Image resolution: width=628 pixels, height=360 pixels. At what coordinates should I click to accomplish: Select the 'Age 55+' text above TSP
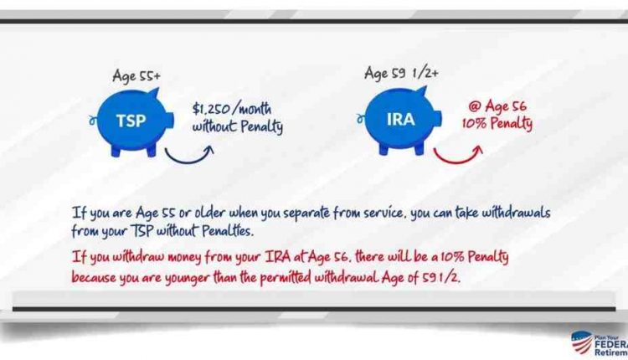pos(136,76)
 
